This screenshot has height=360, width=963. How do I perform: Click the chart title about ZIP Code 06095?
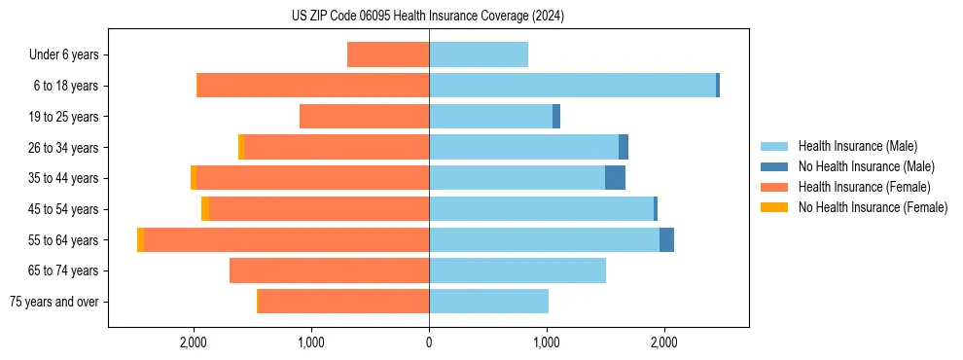(428, 17)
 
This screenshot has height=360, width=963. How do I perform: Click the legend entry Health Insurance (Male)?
(857, 146)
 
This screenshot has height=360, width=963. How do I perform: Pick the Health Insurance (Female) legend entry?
(864, 187)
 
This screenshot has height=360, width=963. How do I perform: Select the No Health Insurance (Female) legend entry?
(873, 207)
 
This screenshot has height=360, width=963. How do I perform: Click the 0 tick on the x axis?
(429, 342)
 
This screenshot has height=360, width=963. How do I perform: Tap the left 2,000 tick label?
(194, 342)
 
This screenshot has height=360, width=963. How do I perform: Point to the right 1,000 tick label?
(547, 342)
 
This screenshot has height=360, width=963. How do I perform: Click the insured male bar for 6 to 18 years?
(572, 86)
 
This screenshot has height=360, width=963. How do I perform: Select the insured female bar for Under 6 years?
(388, 54)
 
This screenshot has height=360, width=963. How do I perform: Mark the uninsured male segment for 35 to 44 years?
(615, 178)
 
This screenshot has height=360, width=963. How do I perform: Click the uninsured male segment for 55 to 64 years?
(666, 239)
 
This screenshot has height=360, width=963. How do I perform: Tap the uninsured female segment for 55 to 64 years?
(141, 239)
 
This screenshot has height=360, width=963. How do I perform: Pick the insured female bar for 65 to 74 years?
(329, 270)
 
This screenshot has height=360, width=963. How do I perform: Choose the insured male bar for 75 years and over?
(488, 302)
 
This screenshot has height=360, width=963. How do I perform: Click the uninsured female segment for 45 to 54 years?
(205, 209)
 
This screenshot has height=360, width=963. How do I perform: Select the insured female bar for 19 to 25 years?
(364, 117)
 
